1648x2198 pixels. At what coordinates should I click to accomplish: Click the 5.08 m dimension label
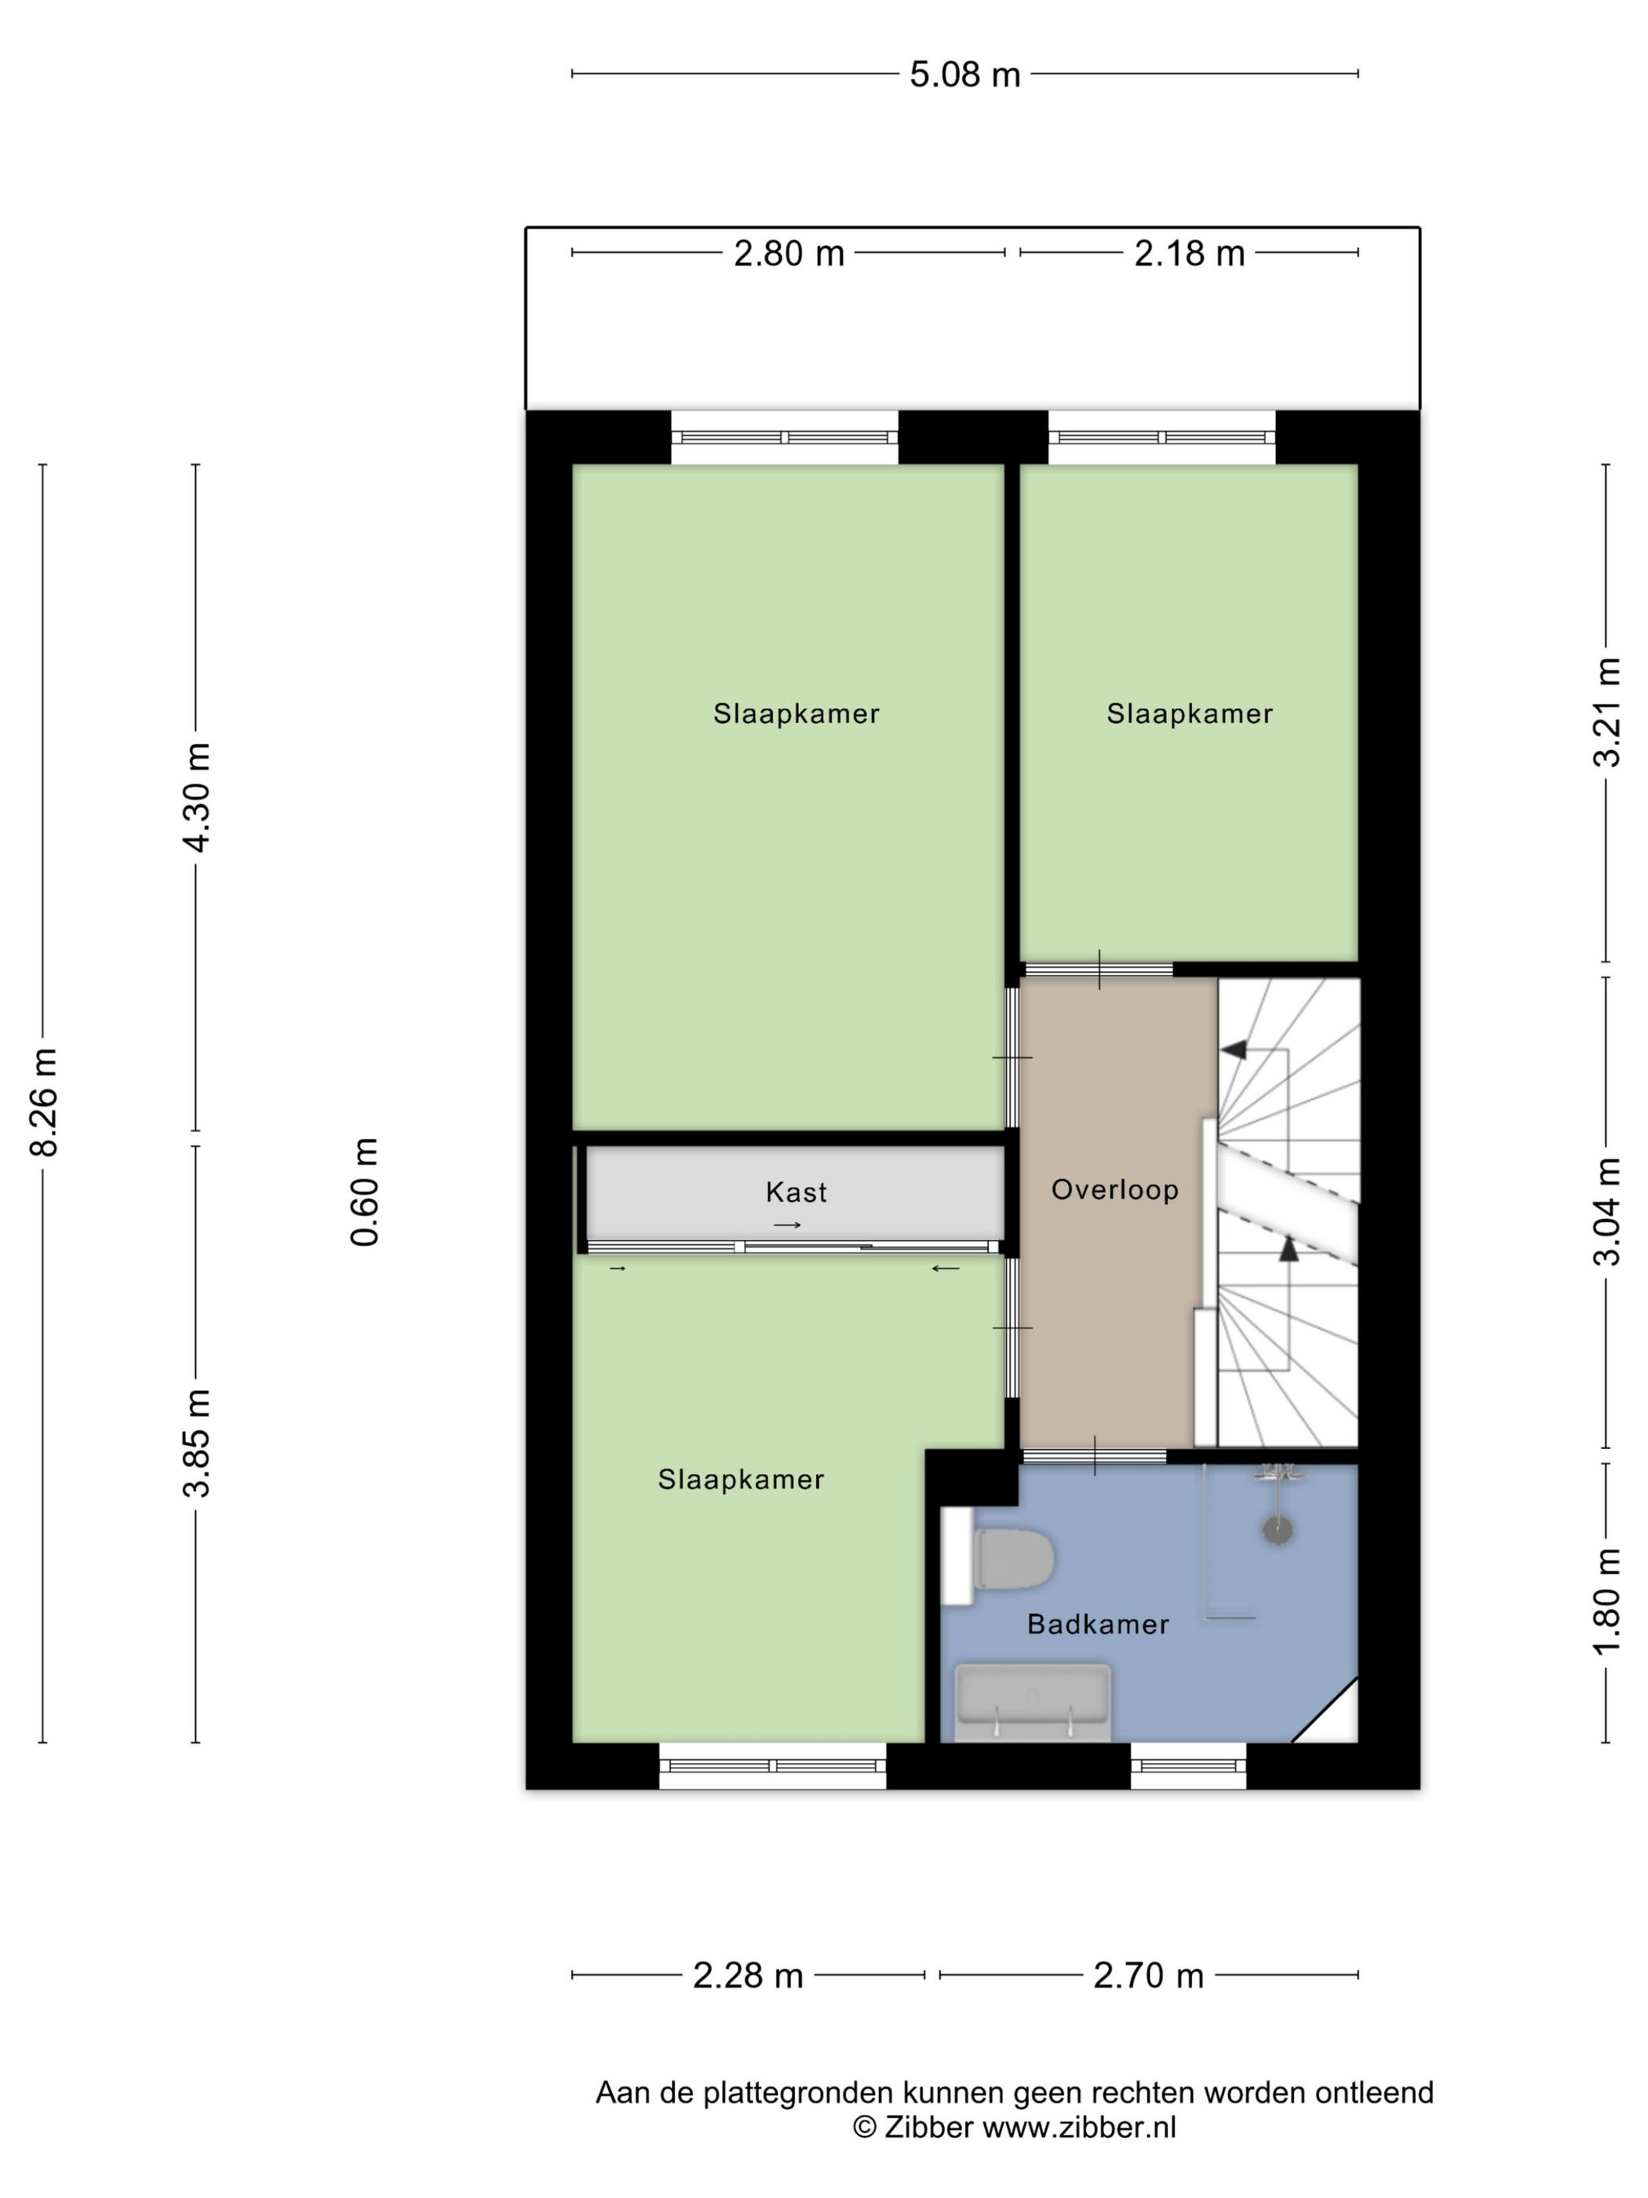(964, 75)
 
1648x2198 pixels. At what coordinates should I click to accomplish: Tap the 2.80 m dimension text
(788, 254)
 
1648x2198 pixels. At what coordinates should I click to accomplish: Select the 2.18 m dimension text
(1188, 254)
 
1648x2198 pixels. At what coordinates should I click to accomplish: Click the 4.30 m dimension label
(195, 797)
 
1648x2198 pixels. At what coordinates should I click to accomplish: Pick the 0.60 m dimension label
(365, 1192)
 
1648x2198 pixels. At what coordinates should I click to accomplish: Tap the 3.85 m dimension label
(195, 1443)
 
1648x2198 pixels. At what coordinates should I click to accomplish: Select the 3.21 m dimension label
(1606, 713)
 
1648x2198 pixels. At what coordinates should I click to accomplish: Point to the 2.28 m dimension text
(747, 1975)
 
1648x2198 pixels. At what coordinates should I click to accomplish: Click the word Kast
(796, 1192)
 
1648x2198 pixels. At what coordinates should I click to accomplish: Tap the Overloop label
(1114, 1189)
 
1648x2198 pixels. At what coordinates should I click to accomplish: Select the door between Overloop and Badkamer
(1094, 1457)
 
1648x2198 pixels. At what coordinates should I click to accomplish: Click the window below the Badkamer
(1188, 1765)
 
